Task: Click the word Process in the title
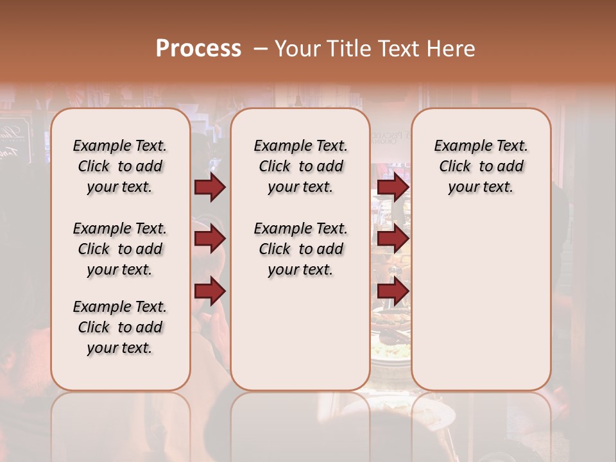pyautogui.click(x=198, y=49)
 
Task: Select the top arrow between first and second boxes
pyautogui.click(x=210, y=187)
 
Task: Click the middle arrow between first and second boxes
pyautogui.click(x=210, y=239)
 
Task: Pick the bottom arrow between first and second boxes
pyautogui.click(x=210, y=291)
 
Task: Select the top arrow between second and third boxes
pyautogui.click(x=393, y=187)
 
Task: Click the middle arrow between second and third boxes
pyautogui.click(x=393, y=239)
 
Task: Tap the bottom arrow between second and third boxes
pyautogui.click(x=393, y=291)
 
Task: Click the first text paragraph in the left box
pyautogui.click(x=120, y=166)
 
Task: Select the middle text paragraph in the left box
pyautogui.click(x=120, y=249)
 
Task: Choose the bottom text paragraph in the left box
pyautogui.click(x=120, y=327)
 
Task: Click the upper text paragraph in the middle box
pyautogui.click(x=300, y=166)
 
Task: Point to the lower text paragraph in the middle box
pyautogui.click(x=300, y=249)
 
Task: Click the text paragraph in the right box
pyautogui.click(x=481, y=166)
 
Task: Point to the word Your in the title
pyautogui.click(x=296, y=49)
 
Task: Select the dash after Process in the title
pyautogui.click(x=260, y=49)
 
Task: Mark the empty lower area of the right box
pyautogui.click(x=481, y=295)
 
